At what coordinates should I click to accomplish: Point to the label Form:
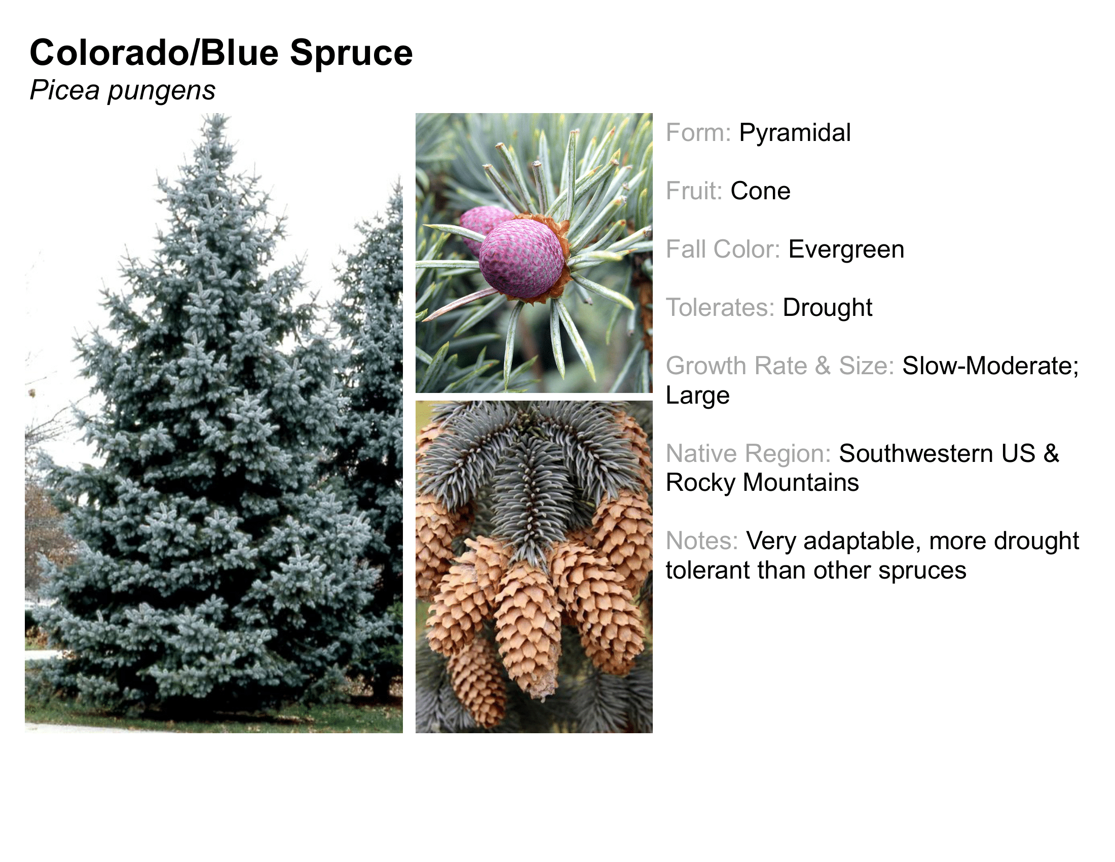tap(698, 133)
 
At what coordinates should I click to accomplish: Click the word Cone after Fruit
tap(760, 191)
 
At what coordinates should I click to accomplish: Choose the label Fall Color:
tap(723, 249)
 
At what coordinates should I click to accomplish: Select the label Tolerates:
tap(720, 307)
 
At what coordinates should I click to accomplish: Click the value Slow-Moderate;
tap(990, 366)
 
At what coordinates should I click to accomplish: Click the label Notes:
tap(702, 542)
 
